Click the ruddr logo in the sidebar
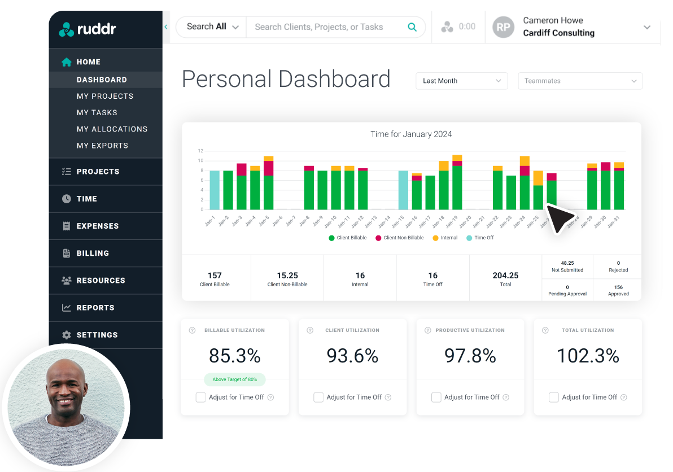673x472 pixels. pyautogui.click(x=87, y=29)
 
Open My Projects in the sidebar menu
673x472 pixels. pyautogui.click(x=105, y=96)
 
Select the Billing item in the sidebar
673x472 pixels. pyautogui.click(x=93, y=253)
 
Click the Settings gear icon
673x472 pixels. pyautogui.click(x=67, y=335)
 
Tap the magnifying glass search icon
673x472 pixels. pyautogui.click(x=412, y=27)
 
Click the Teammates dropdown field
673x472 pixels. pyautogui.click(x=580, y=81)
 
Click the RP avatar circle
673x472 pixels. pyautogui.click(x=504, y=27)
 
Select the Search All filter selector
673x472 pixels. pyautogui.click(x=212, y=27)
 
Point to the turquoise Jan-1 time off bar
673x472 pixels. pyautogui.click(x=215, y=190)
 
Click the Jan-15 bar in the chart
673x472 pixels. pyautogui.click(x=403, y=190)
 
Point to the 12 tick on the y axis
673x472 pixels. pyautogui.click(x=200, y=151)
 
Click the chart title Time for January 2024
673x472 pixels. pyautogui.click(x=411, y=134)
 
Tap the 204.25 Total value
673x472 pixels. pyautogui.click(x=505, y=276)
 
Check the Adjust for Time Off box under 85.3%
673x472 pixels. pyautogui.click(x=200, y=397)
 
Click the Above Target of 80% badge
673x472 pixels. pyautogui.click(x=234, y=379)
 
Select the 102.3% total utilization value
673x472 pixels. pyautogui.click(x=588, y=356)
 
